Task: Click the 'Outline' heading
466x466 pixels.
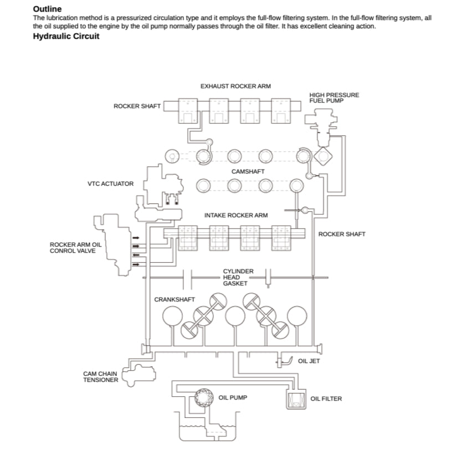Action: [47, 9]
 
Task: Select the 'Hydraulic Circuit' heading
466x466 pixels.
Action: [66, 37]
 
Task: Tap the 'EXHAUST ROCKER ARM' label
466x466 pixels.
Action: [235, 86]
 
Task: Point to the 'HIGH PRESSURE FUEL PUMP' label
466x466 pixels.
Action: [334, 98]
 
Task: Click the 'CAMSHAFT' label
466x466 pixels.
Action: [248, 171]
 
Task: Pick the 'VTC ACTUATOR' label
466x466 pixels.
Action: [110, 183]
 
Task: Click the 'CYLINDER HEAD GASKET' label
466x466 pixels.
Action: [238, 277]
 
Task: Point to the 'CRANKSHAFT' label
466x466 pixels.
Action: [174, 299]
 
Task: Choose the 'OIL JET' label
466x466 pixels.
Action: [309, 361]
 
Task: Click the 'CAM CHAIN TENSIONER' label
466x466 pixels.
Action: [100, 377]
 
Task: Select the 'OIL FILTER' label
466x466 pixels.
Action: [326, 398]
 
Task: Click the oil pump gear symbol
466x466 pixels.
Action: [203, 397]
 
